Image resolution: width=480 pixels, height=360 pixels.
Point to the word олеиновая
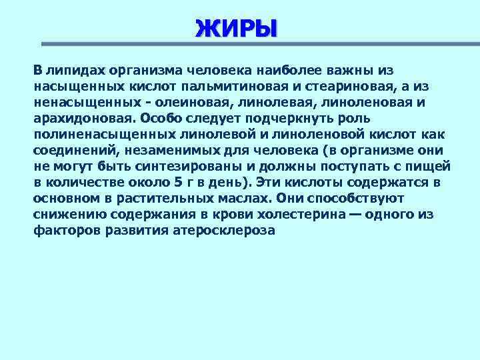(x=194, y=103)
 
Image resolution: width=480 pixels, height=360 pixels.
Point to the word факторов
(x=63, y=231)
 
